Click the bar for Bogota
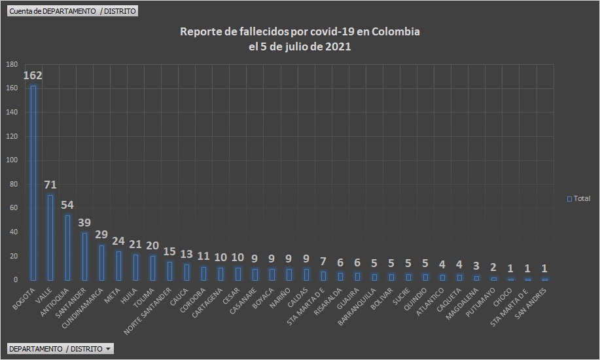pos(33,183)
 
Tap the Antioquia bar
pos(67,247)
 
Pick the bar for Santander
pos(84,257)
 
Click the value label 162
pos(33,75)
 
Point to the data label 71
pos(50,185)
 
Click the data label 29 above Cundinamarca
pos(101,234)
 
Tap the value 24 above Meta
pos(118,240)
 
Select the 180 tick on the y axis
pos(11,64)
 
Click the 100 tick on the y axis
pos(11,160)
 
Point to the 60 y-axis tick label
pos(13,208)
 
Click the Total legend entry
pos(578,198)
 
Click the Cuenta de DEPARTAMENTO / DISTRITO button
pos(73,11)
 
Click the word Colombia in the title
pos(390,32)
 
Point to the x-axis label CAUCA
pos(181,295)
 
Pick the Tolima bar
pos(152,268)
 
